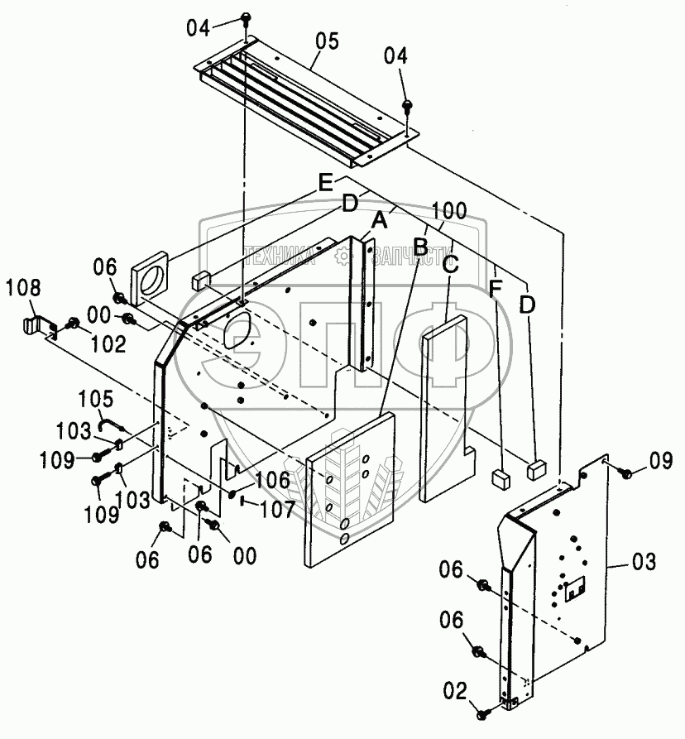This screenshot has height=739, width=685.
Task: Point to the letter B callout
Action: pos(421,245)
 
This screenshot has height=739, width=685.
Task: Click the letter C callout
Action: pos(451,265)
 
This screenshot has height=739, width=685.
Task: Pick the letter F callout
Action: pos(494,289)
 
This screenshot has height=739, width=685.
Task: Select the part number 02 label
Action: pos(457,689)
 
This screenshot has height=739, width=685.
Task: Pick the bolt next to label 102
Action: pos(73,324)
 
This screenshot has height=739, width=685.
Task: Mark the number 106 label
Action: pos(273,480)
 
